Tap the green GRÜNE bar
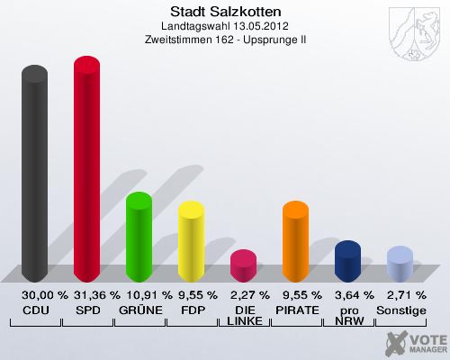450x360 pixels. pyautogui.click(x=139, y=237)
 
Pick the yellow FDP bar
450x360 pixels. pyautogui.click(x=191, y=241)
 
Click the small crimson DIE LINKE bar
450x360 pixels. pyautogui.click(x=243, y=265)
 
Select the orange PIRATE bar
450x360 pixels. pyautogui.click(x=295, y=241)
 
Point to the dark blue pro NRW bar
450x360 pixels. pyautogui.click(x=347, y=261)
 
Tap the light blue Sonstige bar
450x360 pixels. pyautogui.click(x=400, y=265)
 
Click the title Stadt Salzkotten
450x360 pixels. pyautogui.click(x=225, y=12)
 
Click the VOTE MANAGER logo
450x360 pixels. pyautogui.click(x=413, y=341)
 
